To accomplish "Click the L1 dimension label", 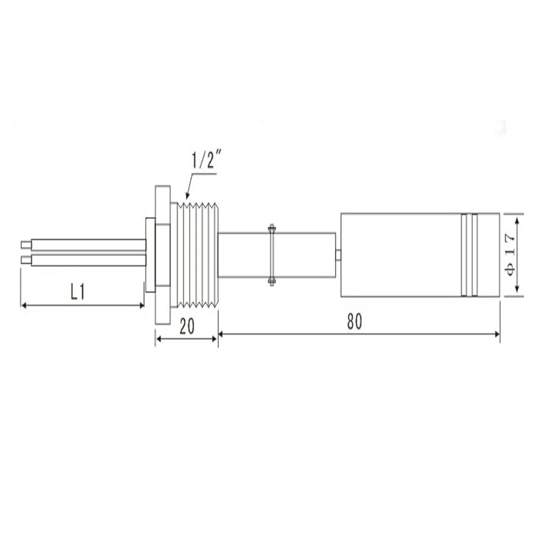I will pyautogui.click(x=78, y=292).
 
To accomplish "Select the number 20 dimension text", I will pyautogui.click(x=187, y=327).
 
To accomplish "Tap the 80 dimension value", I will pyautogui.click(x=355, y=322).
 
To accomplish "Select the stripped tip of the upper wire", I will pyautogui.click(x=25, y=244).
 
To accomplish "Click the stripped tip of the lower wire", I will pyautogui.click(x=25, y=259).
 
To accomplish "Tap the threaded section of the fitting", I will pyautogui.click(x=198, y=255).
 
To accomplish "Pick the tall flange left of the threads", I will pyautogui.click(x=163, y=255).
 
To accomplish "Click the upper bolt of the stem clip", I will pyautogui.click(x=271, y=227).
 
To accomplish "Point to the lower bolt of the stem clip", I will pyautogui.click(x=271, y=283).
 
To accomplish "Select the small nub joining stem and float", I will pyautogui.click(x=338, y=254).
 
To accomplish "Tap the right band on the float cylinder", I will pyautogui.click(x=474, y=255).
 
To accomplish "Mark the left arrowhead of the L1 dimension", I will pyautogui.click(x=23, y=304).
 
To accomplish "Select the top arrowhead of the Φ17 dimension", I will pyautogui.click(x=517, y=219).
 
